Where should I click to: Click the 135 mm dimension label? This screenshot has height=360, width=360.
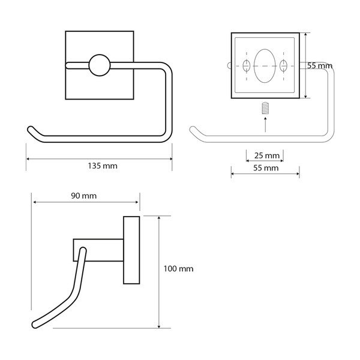pos(99,166)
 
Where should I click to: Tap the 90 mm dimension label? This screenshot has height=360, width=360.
pos(85,196)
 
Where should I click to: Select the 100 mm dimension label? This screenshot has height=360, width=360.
pos(179,269)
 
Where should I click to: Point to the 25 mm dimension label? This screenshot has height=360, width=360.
pos(265,155)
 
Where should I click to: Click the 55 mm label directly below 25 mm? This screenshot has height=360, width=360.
pos(265,169)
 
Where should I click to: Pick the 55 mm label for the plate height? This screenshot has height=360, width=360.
pos(320,65)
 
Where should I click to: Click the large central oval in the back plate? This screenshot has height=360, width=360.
pos(265,65)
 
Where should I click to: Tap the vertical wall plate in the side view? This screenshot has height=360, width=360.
pos(131,248)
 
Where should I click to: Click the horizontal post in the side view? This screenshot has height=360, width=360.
pos(99,249)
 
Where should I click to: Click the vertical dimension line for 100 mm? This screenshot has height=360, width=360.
pos(158,270)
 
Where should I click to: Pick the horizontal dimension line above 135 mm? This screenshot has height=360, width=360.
pos(99,158)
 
